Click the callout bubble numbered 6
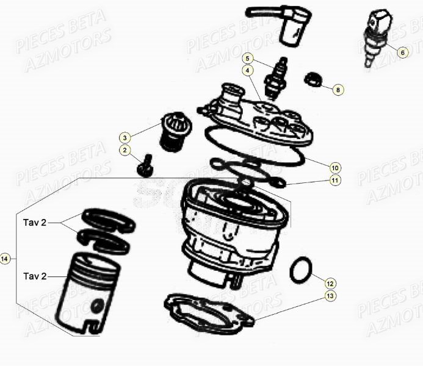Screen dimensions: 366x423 (x=402, y=52)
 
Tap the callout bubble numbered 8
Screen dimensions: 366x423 (x=338, y=90)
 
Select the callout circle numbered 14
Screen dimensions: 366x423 (x=5, y=259)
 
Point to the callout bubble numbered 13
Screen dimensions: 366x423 (x=330, y=296)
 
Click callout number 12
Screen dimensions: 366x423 (x=330, y=283)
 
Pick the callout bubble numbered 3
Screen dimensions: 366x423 (x=125, y=137)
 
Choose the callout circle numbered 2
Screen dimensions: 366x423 (x=125, y=150)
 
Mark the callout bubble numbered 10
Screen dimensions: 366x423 (x=335, y=167)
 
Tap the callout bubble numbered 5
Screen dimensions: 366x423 (x=247, y=59)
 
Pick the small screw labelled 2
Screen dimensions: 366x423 (x=145, y=165)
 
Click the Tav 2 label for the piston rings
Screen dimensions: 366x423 (x=35, y=223)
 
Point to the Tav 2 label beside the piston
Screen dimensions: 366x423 (x=35, y=276)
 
